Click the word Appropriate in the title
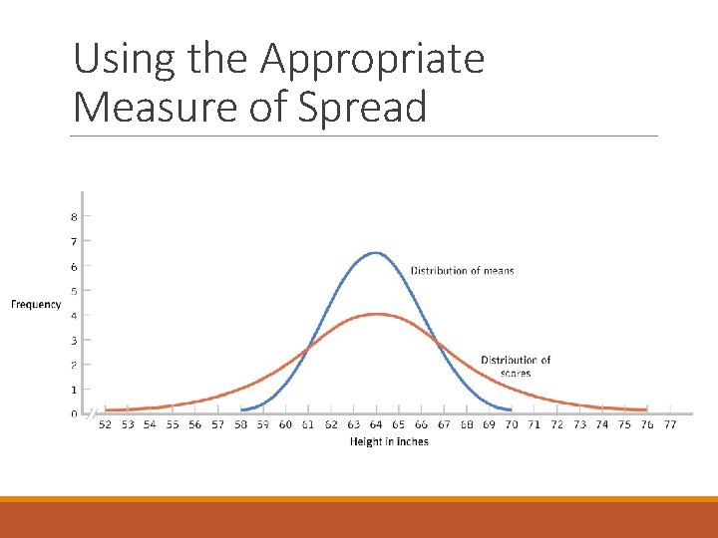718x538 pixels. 372,60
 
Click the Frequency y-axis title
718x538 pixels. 36,305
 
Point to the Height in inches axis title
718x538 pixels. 389,441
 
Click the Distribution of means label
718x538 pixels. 462,271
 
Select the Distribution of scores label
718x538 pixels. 516,367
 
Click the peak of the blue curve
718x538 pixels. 375,253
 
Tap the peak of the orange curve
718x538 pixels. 375,314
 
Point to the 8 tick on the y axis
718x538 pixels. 74,217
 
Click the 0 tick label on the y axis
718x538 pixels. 74,413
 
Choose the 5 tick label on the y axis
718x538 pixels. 74,291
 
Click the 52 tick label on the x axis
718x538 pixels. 105,425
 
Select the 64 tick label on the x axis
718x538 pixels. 375,425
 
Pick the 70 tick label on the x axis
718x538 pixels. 511,425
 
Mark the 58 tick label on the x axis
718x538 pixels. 240,425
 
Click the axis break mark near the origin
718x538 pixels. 92,413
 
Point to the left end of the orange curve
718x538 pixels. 107,409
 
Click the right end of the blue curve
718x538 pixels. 511,409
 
